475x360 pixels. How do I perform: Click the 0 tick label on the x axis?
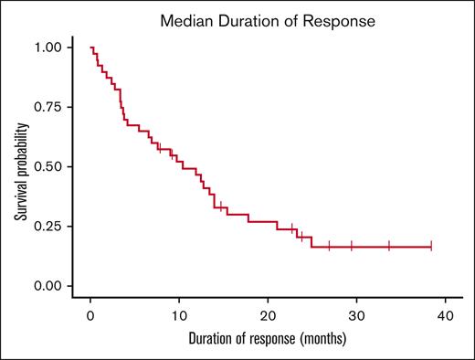click(x=90, y=315)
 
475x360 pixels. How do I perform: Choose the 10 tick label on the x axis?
click(x=179, y=315)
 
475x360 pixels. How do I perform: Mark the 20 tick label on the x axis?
click(x=268, y=315)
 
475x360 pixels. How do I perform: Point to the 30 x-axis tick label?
click(x=356, y=315)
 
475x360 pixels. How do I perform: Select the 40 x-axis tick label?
click(x=445, y=315)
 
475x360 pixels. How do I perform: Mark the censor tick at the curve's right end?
click(x=431, y=246)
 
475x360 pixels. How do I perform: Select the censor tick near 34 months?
click(x=389, y=246)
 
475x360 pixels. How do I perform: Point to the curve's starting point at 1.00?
click(x=90, y=47)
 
